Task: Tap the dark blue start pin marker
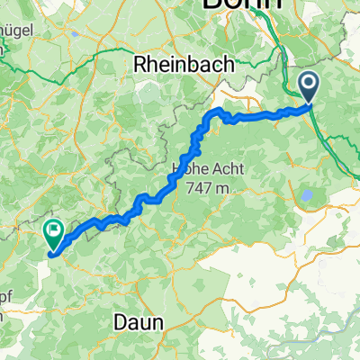click(x=308, y=86)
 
